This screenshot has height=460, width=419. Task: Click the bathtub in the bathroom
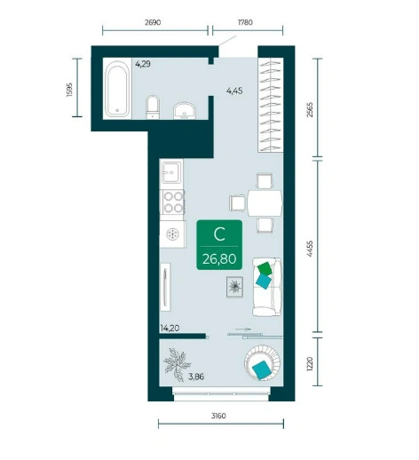click(117, 89)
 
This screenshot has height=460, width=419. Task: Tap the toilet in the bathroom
click(153, 107)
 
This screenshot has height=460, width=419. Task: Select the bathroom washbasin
click(185, 110)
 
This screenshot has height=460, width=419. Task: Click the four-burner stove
click(173, 202)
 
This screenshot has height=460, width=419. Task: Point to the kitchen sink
click(171, 172)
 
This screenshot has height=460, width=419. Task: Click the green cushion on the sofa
click(265, 268)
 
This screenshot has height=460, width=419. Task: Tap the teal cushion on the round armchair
click(262, 369)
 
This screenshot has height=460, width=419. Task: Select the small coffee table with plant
click(234, 287)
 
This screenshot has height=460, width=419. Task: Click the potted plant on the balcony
click(178, 364)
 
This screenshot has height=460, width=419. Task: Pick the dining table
click(265, 203)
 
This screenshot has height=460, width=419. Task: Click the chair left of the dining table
click(238, 203)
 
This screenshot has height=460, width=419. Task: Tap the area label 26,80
click(219, 259)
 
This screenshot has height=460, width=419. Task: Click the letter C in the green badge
click(219, 234)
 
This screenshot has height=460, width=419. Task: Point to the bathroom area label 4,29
click(143, 64)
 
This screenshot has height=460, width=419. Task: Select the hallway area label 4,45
click(234, 91)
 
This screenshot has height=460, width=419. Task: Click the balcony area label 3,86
click(196, 377)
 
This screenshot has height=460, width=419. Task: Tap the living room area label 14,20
click(170, 328)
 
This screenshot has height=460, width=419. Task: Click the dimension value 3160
click(218, 416)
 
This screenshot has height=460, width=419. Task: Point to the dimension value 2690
click(153, 22)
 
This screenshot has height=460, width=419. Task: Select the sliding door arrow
click(243, 329)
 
